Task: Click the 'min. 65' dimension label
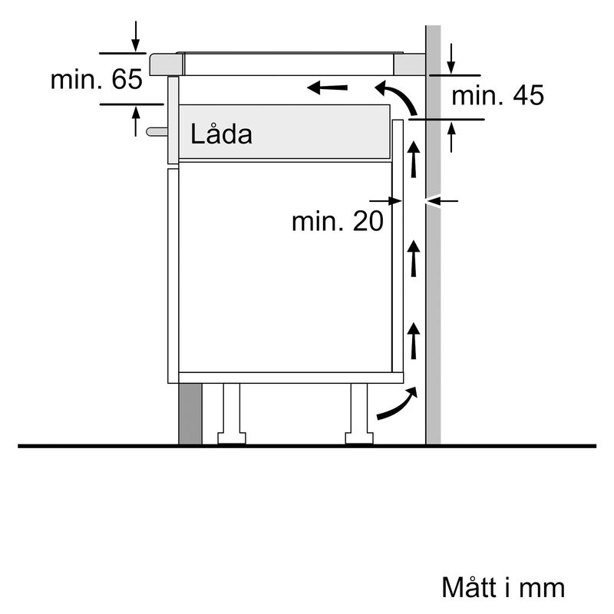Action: [x=96, y=79]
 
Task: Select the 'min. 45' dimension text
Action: [x=497, y=96]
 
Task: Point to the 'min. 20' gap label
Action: [x=337, y=221]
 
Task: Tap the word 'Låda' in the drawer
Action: [x=221, y=135]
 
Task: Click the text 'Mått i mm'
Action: [x=503, y=587]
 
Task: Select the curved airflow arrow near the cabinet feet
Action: [x=398, y=405]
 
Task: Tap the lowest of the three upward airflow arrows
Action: [x=414, y=342]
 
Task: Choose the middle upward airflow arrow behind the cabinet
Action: [x=414, y=259]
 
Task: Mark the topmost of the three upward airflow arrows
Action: [x=414, y=159]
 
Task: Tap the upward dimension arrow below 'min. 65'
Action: [x=136, y=121]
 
